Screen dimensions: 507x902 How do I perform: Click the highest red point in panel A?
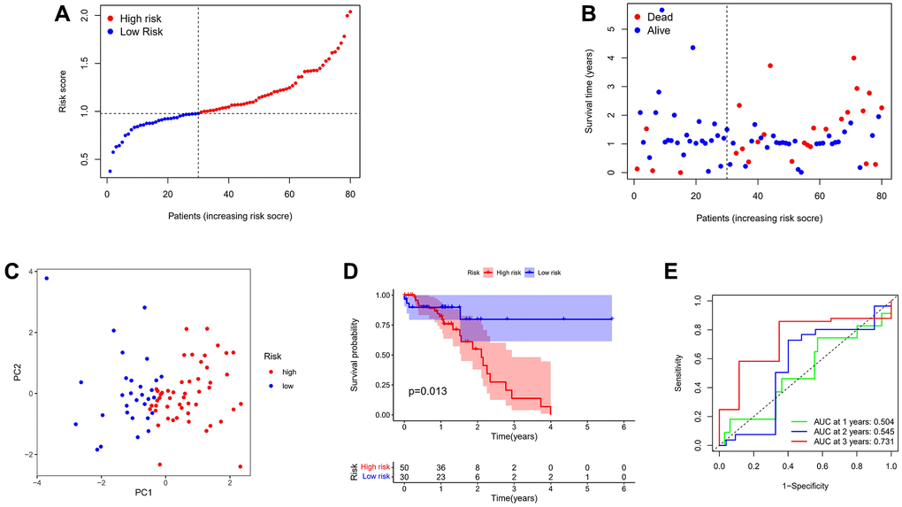pos(350,12)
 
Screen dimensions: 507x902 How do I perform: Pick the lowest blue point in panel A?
pos(110,171)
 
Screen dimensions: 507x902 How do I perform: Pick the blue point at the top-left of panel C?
pos(46,279)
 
